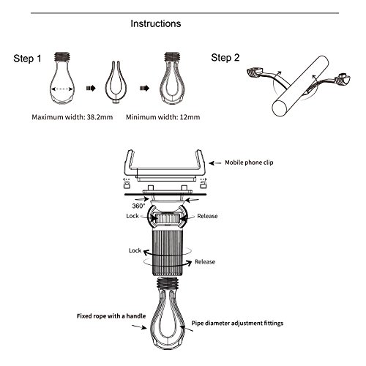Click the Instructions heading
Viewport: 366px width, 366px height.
point(156,23)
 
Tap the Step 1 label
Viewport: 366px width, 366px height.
point(27,59)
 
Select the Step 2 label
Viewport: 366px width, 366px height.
point(225,58)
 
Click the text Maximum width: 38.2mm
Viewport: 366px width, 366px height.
point(72,117)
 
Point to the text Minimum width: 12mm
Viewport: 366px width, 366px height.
point(163,117)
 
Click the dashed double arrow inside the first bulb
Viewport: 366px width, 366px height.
point(62,89)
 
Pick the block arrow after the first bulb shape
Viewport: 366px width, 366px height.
point(91,88)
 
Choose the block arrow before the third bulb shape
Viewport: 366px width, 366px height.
point(144,88)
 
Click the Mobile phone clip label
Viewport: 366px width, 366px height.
point(249,163)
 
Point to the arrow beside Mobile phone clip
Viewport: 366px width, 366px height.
point(215,163)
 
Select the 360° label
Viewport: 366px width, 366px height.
point(138,206)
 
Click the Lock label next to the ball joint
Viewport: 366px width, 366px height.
point(132,216)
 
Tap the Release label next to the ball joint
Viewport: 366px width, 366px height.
point(207,216)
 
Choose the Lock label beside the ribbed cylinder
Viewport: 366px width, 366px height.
point(135,250)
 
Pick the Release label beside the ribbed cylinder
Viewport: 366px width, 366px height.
point(205,262)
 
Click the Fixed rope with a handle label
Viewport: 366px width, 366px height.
point(111,316)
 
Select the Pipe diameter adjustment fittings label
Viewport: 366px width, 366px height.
point(237,324)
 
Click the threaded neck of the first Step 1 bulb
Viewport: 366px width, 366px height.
point(62,56)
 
